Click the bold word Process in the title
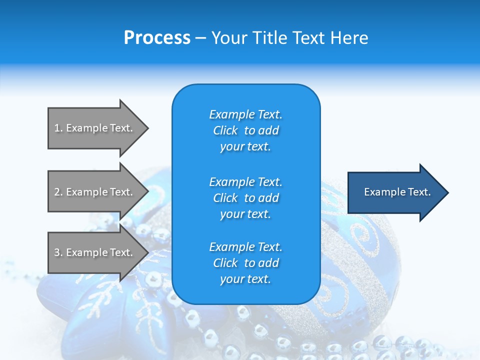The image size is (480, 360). [157, 38]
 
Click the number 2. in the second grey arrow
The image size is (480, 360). [58, 192]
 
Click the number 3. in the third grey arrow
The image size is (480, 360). [58, 252]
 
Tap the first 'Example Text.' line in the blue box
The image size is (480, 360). [245, 114]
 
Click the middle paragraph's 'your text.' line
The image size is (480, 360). [245, 214]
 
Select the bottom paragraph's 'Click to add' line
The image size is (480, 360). [245, 263]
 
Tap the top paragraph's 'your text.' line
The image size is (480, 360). [245, 146]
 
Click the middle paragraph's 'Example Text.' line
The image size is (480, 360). [245, 182]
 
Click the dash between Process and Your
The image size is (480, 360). [201, 38]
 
